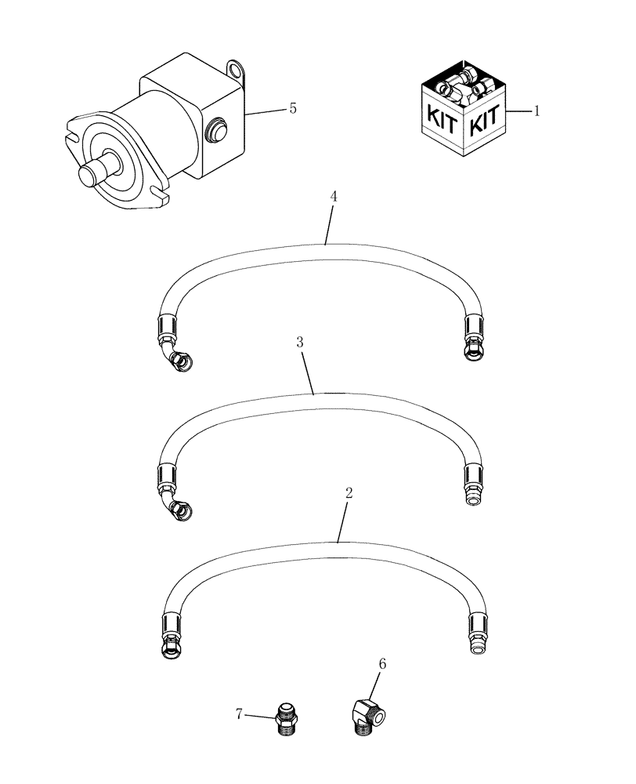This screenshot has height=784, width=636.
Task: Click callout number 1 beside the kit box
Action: [537, 111]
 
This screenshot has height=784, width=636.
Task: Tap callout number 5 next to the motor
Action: [292, 108]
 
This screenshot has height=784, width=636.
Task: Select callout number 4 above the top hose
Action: [334, 197]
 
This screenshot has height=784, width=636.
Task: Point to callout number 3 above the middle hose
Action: [300, 343]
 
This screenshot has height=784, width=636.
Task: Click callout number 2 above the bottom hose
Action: [349, 493]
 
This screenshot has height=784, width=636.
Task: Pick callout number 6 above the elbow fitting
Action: [383, 664]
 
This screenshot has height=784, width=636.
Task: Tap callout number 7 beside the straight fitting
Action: [240, 713]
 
